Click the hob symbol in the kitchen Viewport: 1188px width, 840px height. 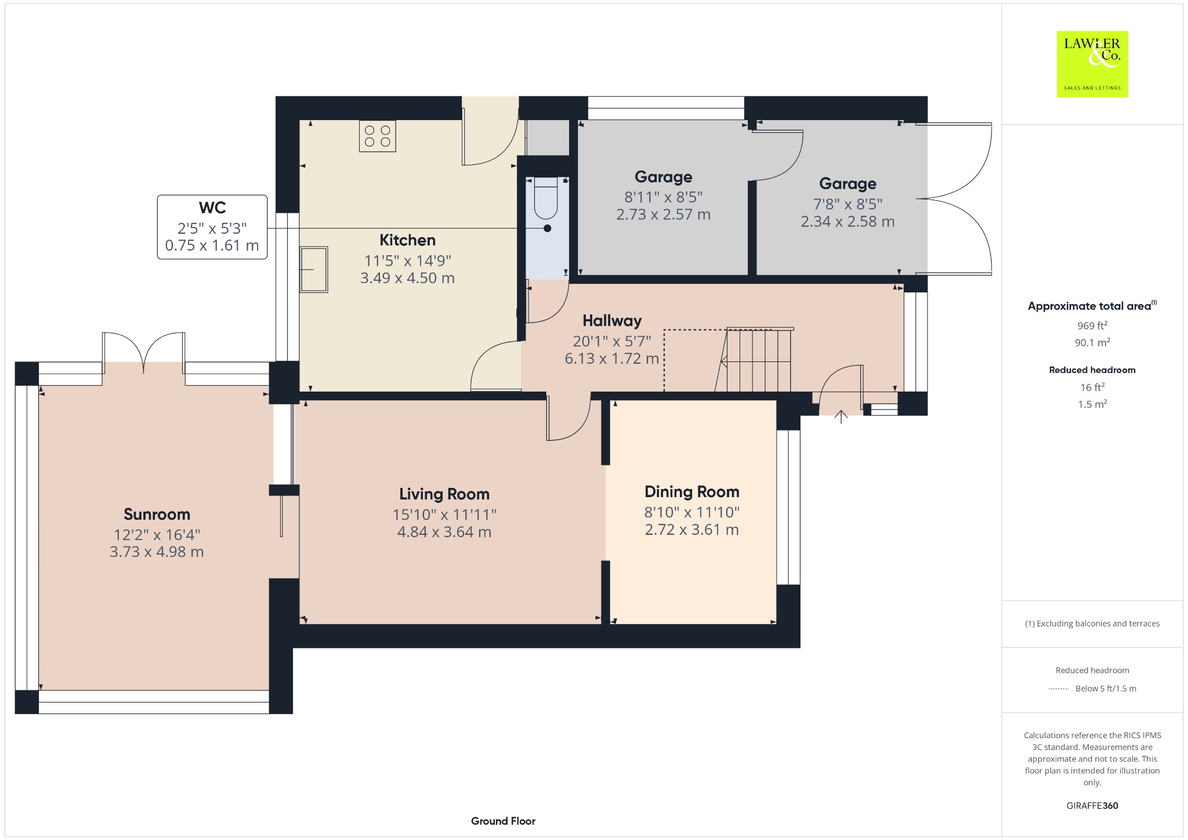377,136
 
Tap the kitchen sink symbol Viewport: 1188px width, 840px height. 314,269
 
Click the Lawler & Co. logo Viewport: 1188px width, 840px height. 1092,64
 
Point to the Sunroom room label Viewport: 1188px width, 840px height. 157,514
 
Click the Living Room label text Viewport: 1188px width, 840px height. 444,494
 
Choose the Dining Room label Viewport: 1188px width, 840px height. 692,492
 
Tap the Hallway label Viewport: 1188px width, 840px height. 612,321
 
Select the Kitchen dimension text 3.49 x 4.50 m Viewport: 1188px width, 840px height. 407,278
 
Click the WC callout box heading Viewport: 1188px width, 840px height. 212,208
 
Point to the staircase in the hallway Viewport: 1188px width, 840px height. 754,360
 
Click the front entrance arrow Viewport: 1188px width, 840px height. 841,417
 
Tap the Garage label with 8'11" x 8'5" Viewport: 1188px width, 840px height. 664,177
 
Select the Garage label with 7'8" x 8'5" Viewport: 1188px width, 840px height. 847,184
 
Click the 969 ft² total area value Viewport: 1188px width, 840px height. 1092,325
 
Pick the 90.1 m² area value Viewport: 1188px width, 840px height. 1092,342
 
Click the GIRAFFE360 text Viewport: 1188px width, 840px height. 1092,805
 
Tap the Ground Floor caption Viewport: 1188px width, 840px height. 503,821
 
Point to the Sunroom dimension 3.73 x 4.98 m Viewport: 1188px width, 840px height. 157,552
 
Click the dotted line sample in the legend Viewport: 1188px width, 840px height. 1059,689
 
